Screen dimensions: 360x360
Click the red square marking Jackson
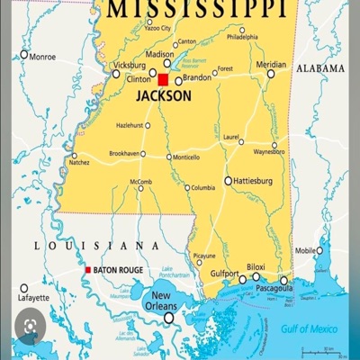coord(163,79)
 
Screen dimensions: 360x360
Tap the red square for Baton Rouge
coord(87,270)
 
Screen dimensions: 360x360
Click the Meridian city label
coord(271,65)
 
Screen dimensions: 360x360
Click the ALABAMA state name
coord(322,68)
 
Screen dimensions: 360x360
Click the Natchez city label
coord(79,164)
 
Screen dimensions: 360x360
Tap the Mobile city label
coord(306,251)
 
